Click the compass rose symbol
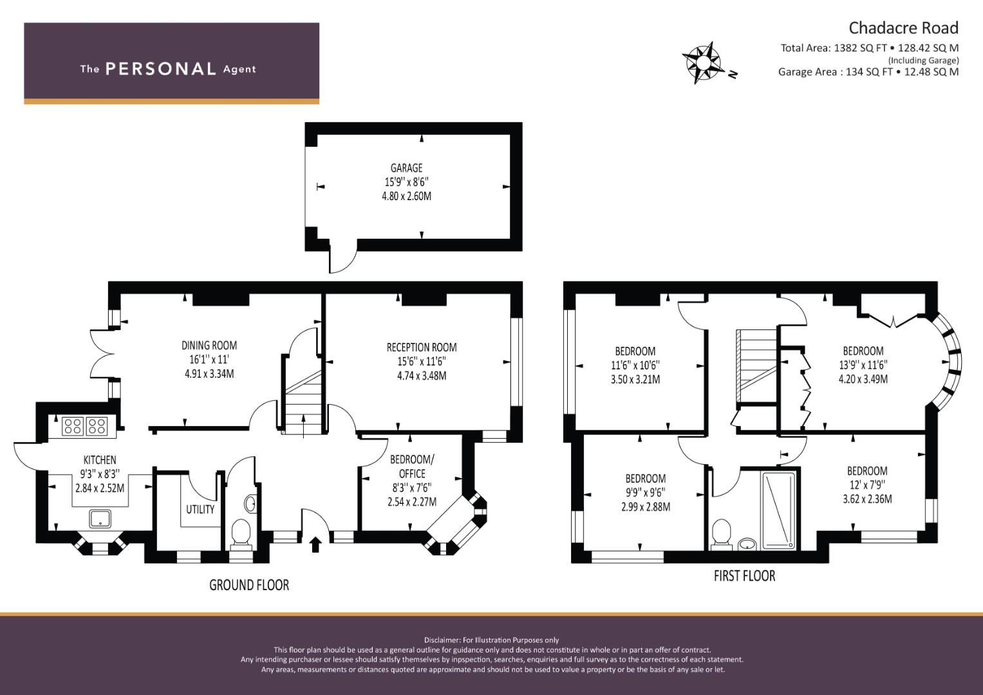pyautogui.click(x=704, y=63)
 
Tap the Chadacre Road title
pyautogui.click(x=903, y=28)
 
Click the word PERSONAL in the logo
pyautogui.click(x=161, y=69)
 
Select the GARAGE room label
pyautogui.click(x=406, y=167)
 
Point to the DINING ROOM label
pyautogui.click(x=209, y=346)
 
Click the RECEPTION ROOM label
pyautogui.click(x=421, y=347)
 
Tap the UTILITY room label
pyautogui.click(x=200, y=510)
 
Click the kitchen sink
pyautogui.click(x=100, y=519)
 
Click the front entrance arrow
pyautogui.click(x=315, y=544)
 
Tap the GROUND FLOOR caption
pyautogui.click(x=249, y=585)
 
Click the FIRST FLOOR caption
pyautogui.click(x=744, y=576)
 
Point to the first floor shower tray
pyautogui.click(x=779, y=510)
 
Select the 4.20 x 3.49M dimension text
pyautogui.click(x=863, y=379)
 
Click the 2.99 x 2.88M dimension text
pyautogui.click(x=646, y=507)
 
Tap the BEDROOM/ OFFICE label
pyautogui.click(x=411, y=467)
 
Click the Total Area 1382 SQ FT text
pyautogui.click(x=837, y=48)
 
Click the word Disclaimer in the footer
pyautogui.click(x=442, y=640)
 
